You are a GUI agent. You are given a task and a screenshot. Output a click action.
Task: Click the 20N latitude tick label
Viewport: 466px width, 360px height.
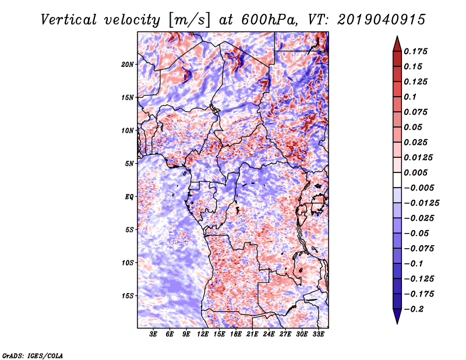tap(128, 65)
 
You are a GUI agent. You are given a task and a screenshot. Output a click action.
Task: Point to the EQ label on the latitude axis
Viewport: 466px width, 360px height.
tap(129, 197)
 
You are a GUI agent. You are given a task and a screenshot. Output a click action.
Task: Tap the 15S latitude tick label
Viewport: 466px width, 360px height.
tap(128, 296)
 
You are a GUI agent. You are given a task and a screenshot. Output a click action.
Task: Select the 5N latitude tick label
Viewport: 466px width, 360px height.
tap(129, 164)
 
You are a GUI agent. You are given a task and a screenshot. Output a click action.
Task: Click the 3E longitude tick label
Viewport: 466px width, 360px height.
tap(153, 334)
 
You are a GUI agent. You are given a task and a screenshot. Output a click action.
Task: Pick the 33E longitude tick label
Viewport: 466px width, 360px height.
tap(318, 334)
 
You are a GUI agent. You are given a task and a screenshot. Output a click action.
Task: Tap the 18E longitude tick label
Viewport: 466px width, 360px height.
tap(236, 334)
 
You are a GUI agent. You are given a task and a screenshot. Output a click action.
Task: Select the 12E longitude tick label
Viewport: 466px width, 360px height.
tap(203, 334)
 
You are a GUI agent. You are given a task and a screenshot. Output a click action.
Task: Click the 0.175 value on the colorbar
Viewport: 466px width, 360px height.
tap(415, 51)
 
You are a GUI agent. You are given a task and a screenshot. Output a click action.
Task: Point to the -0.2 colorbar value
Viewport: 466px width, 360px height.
tap(414, 309)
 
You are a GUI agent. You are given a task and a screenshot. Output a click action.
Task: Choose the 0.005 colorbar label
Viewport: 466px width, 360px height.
tap(415, 172)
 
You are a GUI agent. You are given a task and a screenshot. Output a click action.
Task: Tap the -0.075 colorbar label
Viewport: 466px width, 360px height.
tap(419, 249)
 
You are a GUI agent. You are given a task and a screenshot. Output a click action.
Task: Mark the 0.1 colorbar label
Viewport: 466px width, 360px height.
tap(410, 97)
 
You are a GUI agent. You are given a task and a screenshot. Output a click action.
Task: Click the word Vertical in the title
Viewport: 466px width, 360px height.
tap(69, 20)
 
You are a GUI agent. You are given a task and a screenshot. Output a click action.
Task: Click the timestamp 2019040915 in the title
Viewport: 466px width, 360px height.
tap(382, 20)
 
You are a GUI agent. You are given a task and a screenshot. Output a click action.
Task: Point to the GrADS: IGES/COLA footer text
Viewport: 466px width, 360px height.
tap(33, 355)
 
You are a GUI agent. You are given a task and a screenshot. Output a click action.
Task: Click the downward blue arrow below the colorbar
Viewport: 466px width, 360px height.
tap(397, 316)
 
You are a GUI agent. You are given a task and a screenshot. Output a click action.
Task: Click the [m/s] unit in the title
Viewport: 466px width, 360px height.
tap(189, 20)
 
